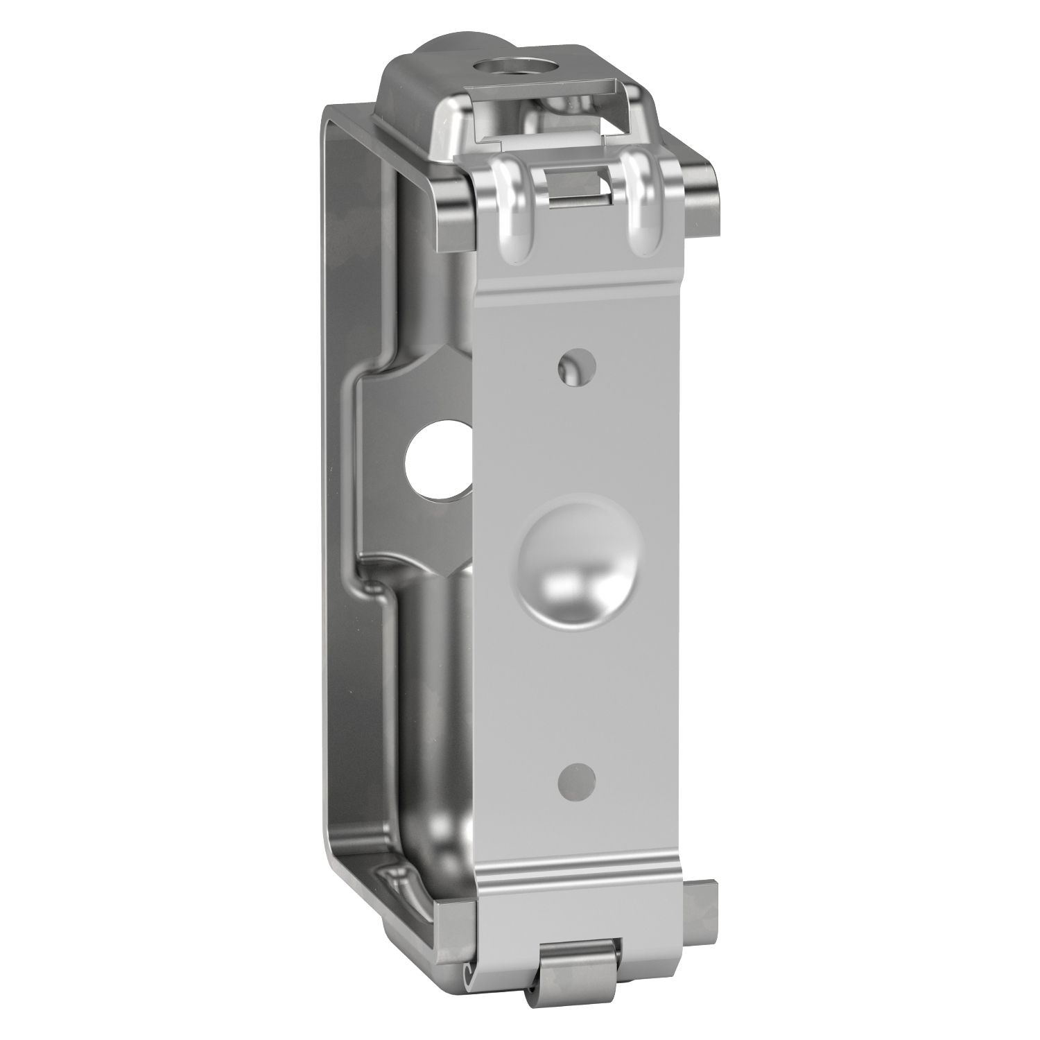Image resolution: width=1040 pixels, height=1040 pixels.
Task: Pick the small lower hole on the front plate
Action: [x=577, y=781]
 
